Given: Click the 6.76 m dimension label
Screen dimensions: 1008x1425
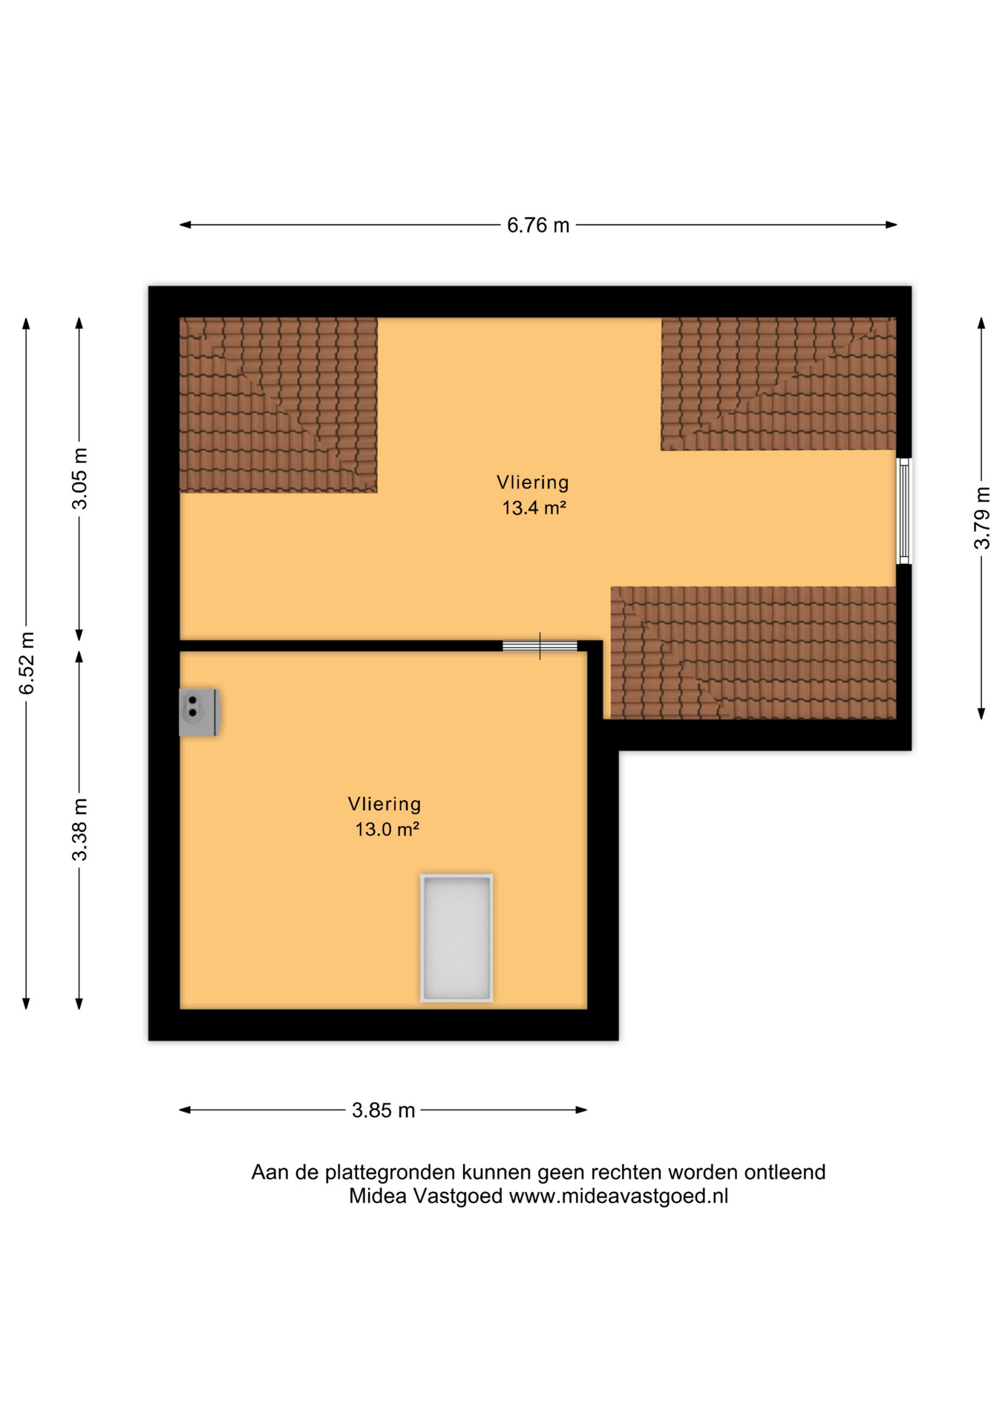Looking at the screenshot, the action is click(538, 225).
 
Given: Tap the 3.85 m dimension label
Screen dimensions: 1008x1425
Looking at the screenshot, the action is click(383, 1110).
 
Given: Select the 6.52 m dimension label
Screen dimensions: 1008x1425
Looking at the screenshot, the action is click(27, 664).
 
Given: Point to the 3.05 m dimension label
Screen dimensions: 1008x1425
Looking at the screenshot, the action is click(79, 479).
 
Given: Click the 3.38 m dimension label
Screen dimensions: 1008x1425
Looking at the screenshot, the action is click(79, 830).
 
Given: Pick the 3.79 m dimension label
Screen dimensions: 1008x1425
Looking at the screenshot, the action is click(981, 518).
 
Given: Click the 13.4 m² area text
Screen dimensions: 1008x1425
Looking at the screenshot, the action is click(534, 508).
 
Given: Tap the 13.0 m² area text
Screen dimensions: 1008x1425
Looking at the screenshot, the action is click(387, 830).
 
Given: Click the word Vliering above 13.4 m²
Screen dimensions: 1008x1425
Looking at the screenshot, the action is click(533, 482).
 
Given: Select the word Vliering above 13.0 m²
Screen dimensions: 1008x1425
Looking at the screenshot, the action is click(384, 804).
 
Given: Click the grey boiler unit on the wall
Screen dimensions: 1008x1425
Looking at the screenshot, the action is click(200, 712).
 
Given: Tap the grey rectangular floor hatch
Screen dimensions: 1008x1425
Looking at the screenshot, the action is click(456, 938).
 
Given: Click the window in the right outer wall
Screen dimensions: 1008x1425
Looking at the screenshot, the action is click(903, 511).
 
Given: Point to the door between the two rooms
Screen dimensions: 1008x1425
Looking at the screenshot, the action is click(540, 646).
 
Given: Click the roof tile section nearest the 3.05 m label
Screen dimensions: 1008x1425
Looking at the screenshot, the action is click(278, 405).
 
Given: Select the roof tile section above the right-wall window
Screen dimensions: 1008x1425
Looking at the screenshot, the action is click(779, 384).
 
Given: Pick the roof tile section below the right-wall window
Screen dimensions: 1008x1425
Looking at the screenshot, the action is click(753, 652).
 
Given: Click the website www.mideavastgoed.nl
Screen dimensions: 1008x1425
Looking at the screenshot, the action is click(618, 1196).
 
